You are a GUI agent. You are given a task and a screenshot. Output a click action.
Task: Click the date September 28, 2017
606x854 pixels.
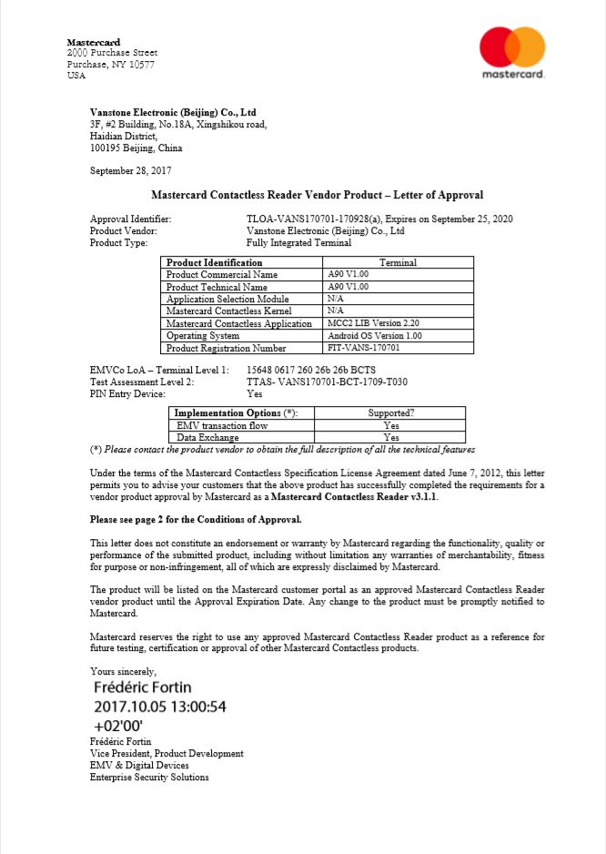tap(131, 170)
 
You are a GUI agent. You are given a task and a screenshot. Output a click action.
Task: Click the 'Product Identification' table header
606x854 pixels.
tap(214, 263)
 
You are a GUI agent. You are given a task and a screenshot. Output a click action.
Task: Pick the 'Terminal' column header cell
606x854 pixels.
tap(398, 263)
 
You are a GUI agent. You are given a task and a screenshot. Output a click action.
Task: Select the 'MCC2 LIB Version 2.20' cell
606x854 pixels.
tap(373, 323)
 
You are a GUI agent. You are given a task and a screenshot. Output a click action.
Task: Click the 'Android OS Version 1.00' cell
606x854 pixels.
tap(376, 336)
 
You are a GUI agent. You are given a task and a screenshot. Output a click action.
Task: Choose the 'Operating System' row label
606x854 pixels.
tap(203, 336)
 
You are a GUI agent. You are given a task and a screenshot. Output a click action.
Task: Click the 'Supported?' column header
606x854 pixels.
tap(391, 413)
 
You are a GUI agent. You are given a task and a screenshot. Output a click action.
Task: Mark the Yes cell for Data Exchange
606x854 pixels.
tap(391, 437)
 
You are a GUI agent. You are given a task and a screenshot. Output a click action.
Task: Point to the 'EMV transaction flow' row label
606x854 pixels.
tap(222, 425)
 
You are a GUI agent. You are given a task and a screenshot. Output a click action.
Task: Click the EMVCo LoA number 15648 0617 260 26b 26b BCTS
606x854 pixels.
tap(311, 371)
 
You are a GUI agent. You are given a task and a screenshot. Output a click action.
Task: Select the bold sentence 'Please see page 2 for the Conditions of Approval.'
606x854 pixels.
tap(196, 519)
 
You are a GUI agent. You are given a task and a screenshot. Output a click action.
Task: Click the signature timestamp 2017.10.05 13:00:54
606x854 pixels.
tap(159, 707)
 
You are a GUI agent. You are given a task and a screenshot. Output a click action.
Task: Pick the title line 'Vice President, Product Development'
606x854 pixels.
tap(167, 754)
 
